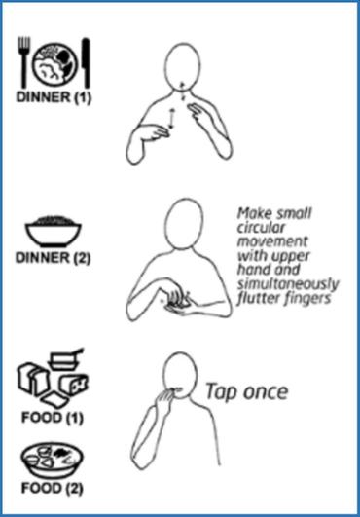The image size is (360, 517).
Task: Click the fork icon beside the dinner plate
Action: tap(23, 61)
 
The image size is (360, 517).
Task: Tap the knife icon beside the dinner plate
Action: tap(86, 62)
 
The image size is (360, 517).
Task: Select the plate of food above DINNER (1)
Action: tap(54, 63)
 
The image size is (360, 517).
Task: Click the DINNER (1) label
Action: tap(54, 97)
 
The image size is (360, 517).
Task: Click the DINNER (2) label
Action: tap(54, 258)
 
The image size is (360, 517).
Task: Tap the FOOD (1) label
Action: tap(53, 418)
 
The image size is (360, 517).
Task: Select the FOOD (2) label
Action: tap(53, 488)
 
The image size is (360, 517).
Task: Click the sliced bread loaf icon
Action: tap(33, 380)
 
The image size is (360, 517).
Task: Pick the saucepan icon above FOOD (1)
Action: tap(65, 358)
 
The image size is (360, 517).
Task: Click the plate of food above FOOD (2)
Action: tap(53, 460)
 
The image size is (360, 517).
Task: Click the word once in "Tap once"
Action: tap(265, 392)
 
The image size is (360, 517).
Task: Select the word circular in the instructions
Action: tap(261, 228)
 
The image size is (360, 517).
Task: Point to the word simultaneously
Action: tap(288, 284)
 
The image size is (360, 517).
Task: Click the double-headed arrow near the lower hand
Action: tap(171, 119)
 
